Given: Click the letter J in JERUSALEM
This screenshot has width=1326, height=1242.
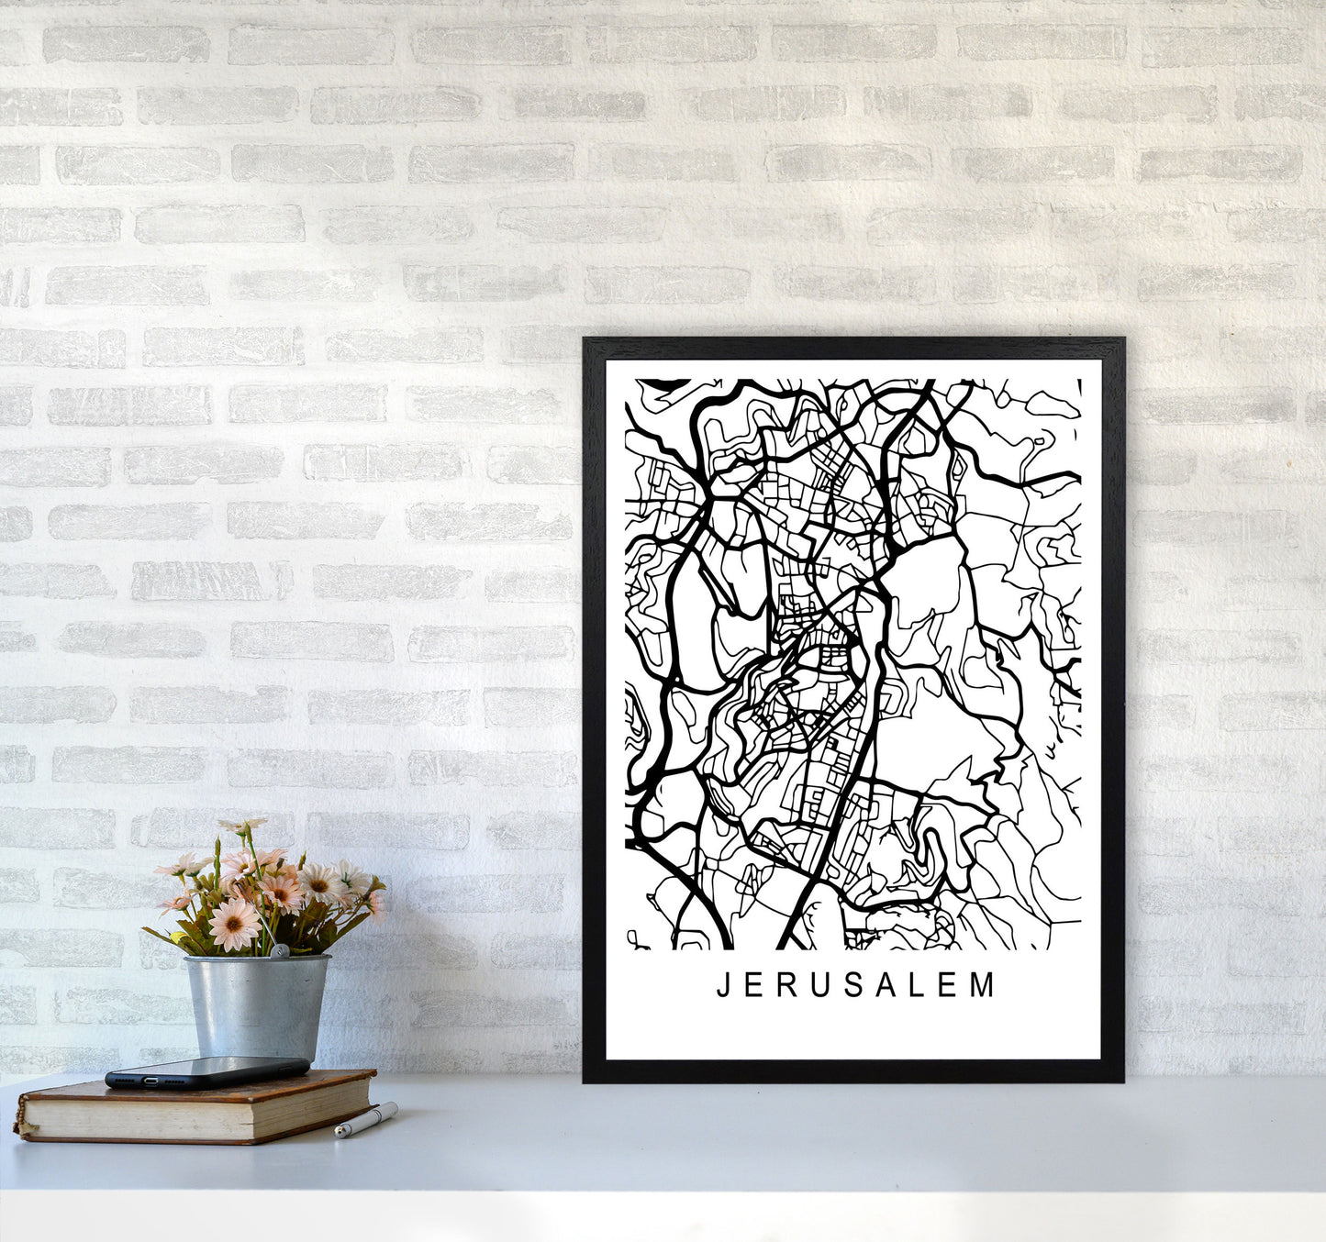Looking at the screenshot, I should [722, 986].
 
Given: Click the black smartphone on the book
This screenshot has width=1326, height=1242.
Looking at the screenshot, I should [206, 1071].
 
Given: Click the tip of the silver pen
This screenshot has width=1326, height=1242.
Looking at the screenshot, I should [339, 1135].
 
